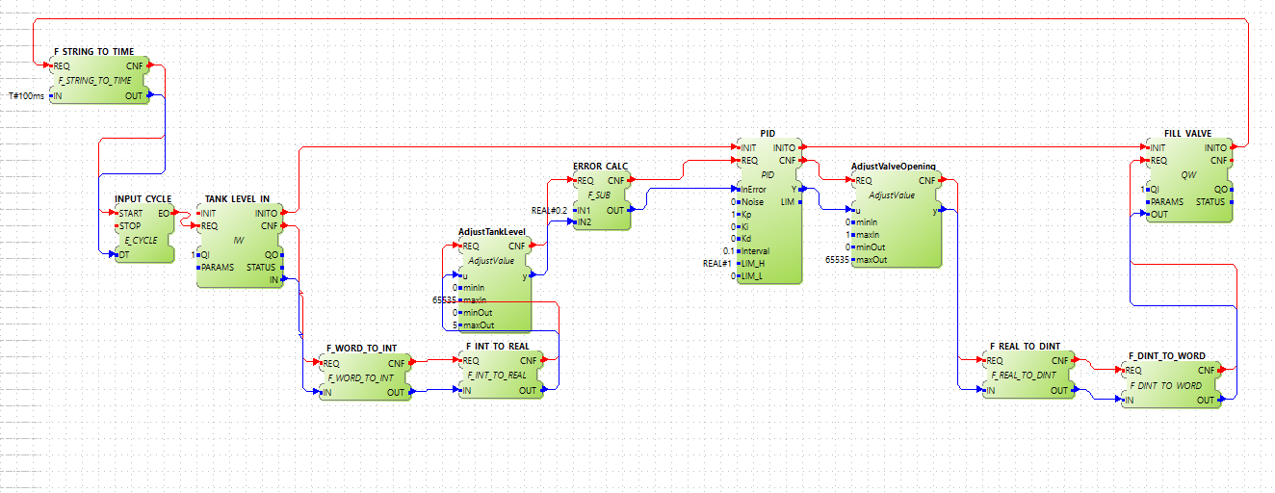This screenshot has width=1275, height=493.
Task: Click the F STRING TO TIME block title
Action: tap(94, 51)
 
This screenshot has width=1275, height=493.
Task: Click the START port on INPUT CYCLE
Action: tap(130, 213)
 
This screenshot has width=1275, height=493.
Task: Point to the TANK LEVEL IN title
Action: tap(237, 198)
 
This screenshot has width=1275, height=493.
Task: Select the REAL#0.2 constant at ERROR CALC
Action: tap(550, 209)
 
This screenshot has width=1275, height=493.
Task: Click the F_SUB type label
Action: tap(598, 194)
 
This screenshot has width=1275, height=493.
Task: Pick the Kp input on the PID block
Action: tap(745, 214)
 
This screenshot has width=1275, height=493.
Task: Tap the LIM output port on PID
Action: tap(787, 201)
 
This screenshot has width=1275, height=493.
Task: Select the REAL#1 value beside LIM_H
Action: tap(718, 263)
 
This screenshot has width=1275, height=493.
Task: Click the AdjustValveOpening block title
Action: tap(894, 167)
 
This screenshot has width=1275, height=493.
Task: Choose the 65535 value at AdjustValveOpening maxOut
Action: tap(837, 259)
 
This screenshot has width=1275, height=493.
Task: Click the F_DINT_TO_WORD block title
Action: tap(1166, 355)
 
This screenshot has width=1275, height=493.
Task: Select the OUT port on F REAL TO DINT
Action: tap(1059, 390)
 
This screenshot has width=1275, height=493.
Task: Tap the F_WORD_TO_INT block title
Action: tap(361, 349)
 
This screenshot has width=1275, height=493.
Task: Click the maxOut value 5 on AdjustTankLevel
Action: tap(455, 324)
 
